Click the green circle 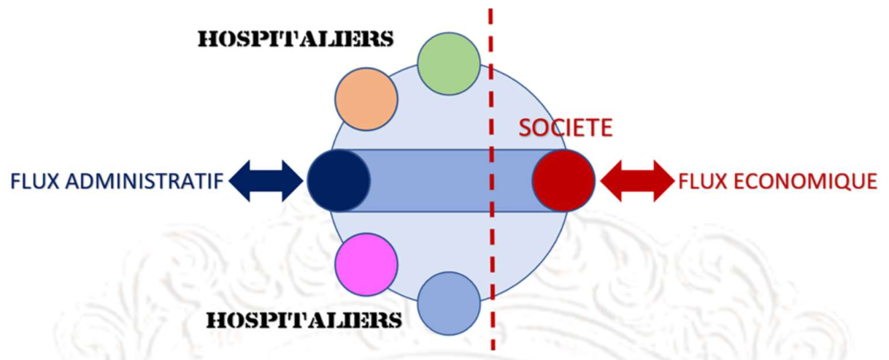click(x=449, y=64)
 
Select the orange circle click(x=366, y=99)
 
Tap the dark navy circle click(x=338, y=180)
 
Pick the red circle click(x=563, y=180)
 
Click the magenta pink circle click(x=366, y=264)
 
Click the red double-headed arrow click(x=636, y=180)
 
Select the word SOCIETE click(x=565, y=129)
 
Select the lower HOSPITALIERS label click(x=304, y=320)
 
